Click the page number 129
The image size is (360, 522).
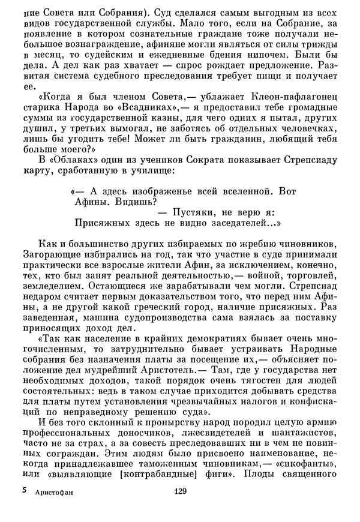(181, 508)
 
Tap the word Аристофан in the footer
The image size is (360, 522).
(53, 508)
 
